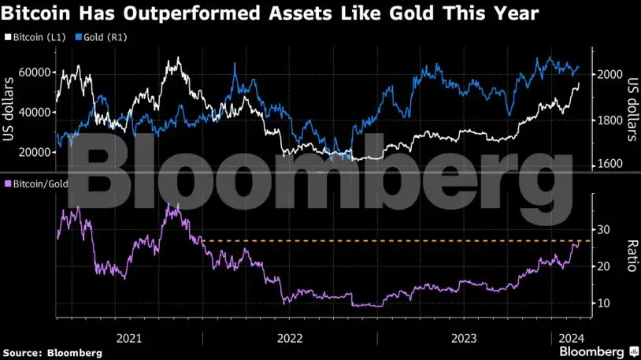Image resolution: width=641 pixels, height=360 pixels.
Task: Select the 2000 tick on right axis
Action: (611, 75)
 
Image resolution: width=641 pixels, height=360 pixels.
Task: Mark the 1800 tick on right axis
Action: (611, 120)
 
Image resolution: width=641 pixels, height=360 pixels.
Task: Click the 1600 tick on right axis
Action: (611, 164)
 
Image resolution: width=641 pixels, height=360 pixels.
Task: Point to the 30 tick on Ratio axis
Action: (604, 229)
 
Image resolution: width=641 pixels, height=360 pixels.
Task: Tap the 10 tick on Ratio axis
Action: (604, 303)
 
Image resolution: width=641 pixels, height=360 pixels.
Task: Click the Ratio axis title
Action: (630, 255)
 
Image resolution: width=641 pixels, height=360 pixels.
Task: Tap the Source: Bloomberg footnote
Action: (53, 353)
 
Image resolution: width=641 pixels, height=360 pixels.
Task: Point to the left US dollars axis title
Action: (10, 110)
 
